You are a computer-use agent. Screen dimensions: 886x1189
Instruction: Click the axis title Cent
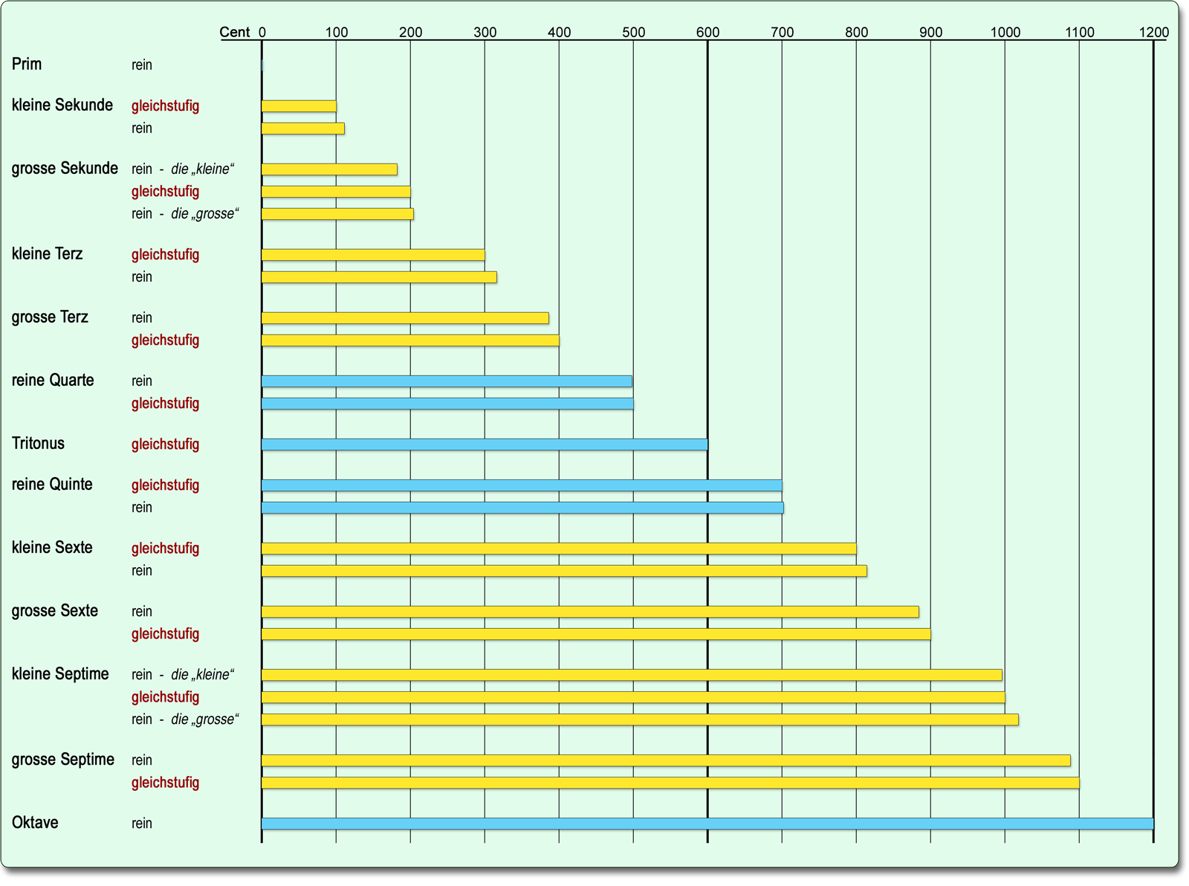(235, 32)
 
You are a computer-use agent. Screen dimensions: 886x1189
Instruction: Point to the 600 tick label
(707, 32)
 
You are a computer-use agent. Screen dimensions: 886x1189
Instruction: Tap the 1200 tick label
(1153, 32)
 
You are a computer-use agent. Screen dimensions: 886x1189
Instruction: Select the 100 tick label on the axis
(336, 32)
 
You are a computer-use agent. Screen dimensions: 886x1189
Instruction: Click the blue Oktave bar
(707, 824)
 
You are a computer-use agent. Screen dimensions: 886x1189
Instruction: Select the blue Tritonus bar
(485, 444)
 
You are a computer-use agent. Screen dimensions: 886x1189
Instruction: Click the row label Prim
(27, 64)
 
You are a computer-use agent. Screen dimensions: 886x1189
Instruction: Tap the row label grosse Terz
(50, 317)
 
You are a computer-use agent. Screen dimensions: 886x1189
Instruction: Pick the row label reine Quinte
(52, 485)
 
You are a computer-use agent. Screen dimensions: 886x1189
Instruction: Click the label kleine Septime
(60, 674)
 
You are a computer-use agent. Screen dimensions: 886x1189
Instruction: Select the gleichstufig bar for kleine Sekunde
(299, 106)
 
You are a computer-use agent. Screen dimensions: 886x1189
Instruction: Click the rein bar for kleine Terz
(379, 277)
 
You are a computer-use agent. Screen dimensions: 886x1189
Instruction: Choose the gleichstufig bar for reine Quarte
(447, 404)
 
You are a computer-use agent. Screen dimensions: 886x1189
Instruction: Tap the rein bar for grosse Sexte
(590, 612)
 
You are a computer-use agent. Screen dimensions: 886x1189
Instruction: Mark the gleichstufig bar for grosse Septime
(670, 783)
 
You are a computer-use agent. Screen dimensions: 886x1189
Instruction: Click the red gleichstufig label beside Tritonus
(165, 444)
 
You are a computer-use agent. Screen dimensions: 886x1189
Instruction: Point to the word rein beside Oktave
(142, 824)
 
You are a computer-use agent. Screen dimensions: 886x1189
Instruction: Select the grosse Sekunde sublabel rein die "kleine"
(183, 169)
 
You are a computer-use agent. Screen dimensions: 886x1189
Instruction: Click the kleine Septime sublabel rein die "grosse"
(185, 720)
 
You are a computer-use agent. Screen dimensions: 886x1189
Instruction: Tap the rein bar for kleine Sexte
(564, 571)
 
